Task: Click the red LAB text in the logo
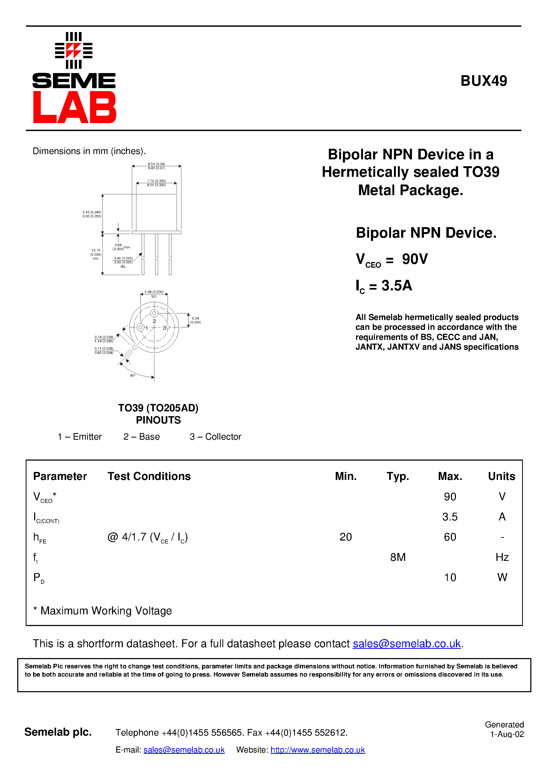[x=74, y=107]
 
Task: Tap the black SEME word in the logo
[x=74, y=81]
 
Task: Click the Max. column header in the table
[x=450, y=476]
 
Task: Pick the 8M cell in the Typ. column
[x=398, y=557]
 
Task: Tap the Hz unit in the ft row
[x=502, y=557]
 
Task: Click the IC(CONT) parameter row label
[x=46, y=517]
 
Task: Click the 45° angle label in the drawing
[x=133, y=375]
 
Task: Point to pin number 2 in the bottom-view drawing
[x=154, y=321]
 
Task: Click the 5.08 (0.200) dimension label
[x=154, y=292]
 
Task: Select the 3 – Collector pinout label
[x=215, y=436]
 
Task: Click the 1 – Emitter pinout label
[x=80, y=436]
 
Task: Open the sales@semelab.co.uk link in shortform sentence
[x=406, y=643]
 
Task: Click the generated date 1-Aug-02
[x=506, y=734]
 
